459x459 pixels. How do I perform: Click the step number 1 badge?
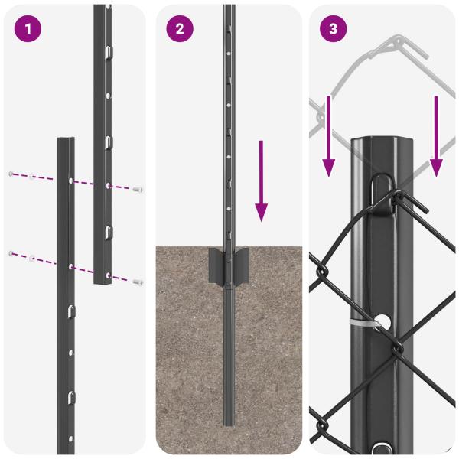(28, 29)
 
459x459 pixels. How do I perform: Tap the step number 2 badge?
(180, 29)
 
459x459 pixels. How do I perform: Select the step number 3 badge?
(333, 29)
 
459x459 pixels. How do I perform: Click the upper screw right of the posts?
(138, 189)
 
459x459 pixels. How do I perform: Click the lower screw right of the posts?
(137, 282)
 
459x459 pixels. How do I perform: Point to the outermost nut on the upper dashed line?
(11, 174)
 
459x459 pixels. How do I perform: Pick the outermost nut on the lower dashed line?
(11, 253)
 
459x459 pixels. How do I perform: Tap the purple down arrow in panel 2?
(262, 180)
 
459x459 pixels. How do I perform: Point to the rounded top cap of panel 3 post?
(382, 142)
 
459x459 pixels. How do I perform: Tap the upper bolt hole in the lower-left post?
(70, 182)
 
